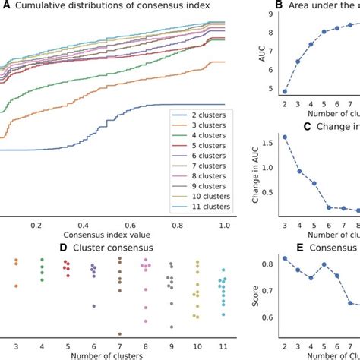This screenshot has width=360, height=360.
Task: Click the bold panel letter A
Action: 6,7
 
